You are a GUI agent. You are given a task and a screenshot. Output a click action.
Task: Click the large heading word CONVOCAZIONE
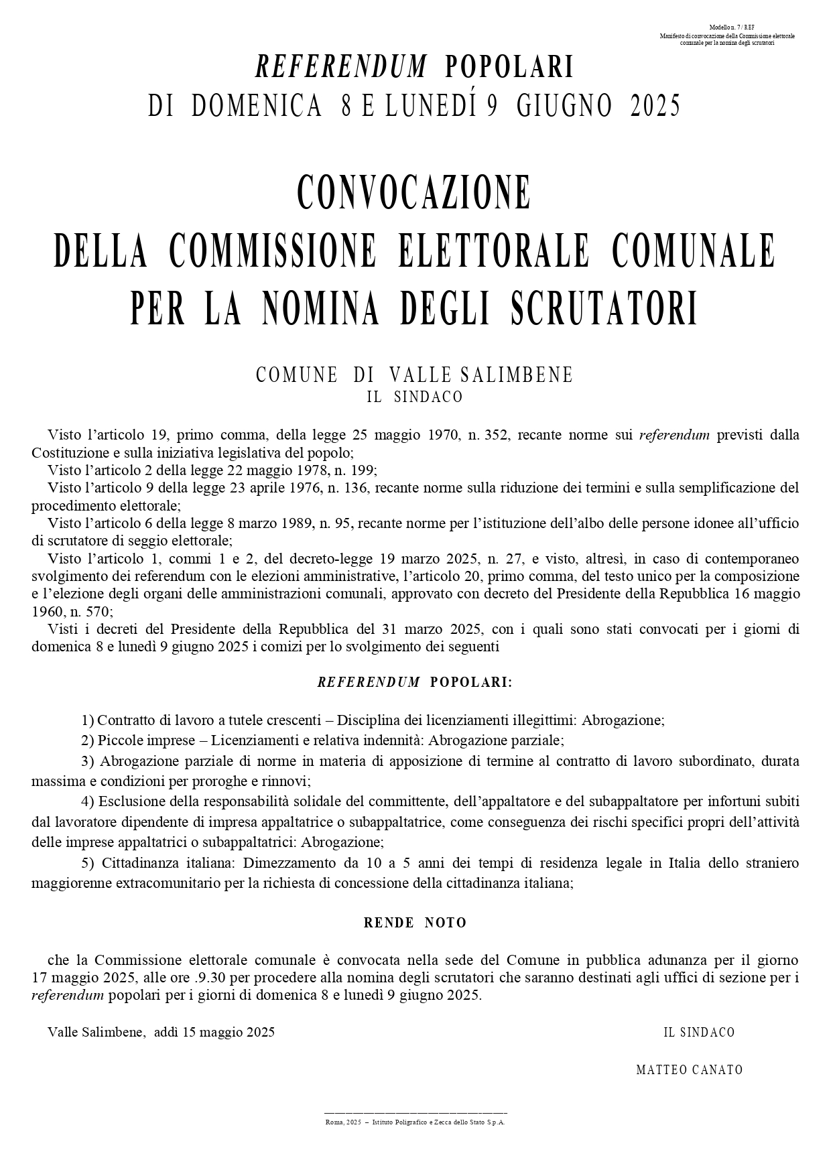(414, 192)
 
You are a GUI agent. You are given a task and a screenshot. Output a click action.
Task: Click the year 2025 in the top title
(655, 106)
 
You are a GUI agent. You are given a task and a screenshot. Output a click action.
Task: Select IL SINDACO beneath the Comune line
(415, 397)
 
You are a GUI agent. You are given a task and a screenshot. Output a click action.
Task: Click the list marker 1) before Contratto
(87, 720)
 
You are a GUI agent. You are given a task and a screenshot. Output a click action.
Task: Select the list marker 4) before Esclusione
(87, 801)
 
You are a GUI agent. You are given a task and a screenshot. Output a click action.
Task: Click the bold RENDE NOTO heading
(415, 923)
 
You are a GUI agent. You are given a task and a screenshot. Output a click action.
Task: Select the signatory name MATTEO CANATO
(690, 1069)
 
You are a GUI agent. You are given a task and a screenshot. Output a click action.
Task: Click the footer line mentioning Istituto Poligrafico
(415, 1122)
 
